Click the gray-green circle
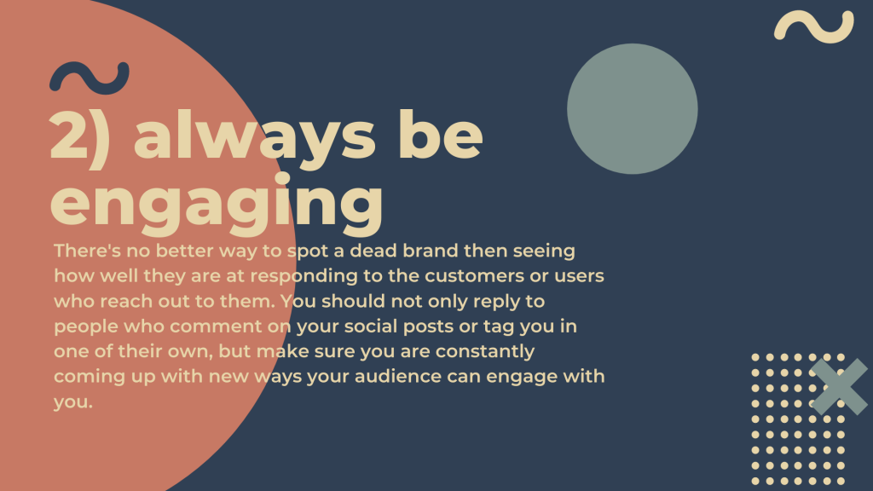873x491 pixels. point(632,108)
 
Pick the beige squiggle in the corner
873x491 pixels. point(813,26)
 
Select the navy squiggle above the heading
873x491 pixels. point(89,78)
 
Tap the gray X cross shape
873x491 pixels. point(839,386)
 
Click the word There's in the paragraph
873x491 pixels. point(87,251)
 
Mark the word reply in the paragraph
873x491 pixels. point(498,302)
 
